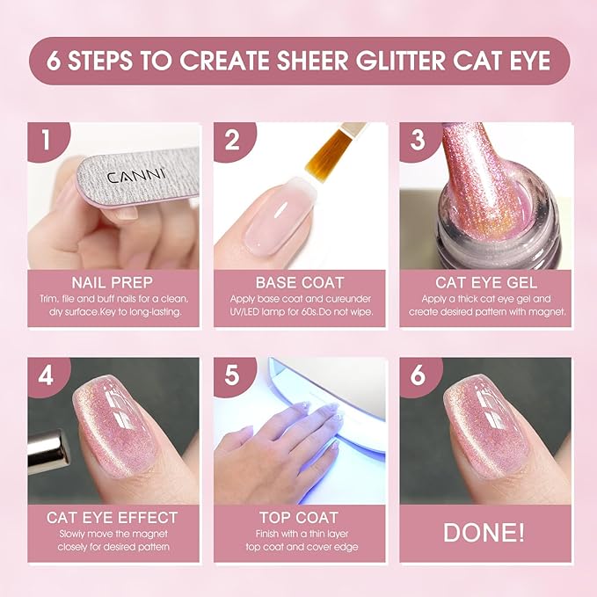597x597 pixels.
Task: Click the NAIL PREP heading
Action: coord(107,282)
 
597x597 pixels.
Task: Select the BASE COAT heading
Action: coord(298,282)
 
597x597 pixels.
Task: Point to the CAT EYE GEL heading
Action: coord(484,282)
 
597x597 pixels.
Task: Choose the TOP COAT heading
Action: coord(298,517)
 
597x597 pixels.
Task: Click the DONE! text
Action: coord(484,533)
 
